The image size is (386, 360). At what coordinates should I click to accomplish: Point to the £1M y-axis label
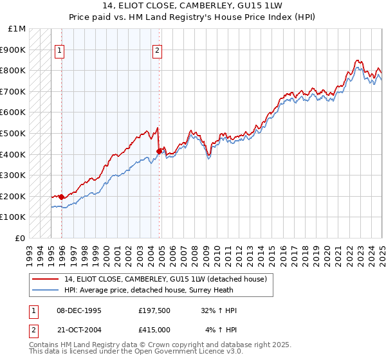tap(17, 29)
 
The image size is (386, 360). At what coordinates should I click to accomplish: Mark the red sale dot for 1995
tap(61, 197)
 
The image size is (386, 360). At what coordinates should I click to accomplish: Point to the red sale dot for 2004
tap(159, 152)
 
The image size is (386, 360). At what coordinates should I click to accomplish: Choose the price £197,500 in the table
tap(154, 310)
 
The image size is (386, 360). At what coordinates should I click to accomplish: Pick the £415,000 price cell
tap(154, 330)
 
